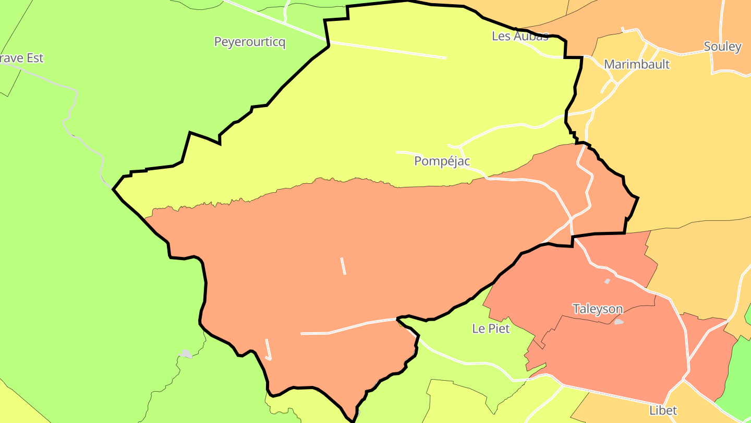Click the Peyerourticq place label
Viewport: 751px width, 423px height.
click(250, 42)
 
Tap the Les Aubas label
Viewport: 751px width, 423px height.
click(520, 36)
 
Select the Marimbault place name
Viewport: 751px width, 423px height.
click(636, 64)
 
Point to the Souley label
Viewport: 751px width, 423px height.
click(722, 46)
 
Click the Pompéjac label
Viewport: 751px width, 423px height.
click(442, 161)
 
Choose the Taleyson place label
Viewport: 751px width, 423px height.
click(598, 309)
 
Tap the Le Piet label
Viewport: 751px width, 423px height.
click(491, 329)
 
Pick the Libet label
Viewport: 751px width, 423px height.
click(663, 410)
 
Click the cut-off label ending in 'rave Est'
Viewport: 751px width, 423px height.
click(22, 58)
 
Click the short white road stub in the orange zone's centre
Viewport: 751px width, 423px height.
click(343, 266)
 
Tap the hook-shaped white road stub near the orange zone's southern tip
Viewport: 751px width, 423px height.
click(269, 349)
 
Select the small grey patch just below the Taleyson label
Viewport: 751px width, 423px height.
click(619, 322)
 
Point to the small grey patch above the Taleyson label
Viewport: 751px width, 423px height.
click(607, 281)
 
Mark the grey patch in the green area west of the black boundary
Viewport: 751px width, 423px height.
click(186, 354)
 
